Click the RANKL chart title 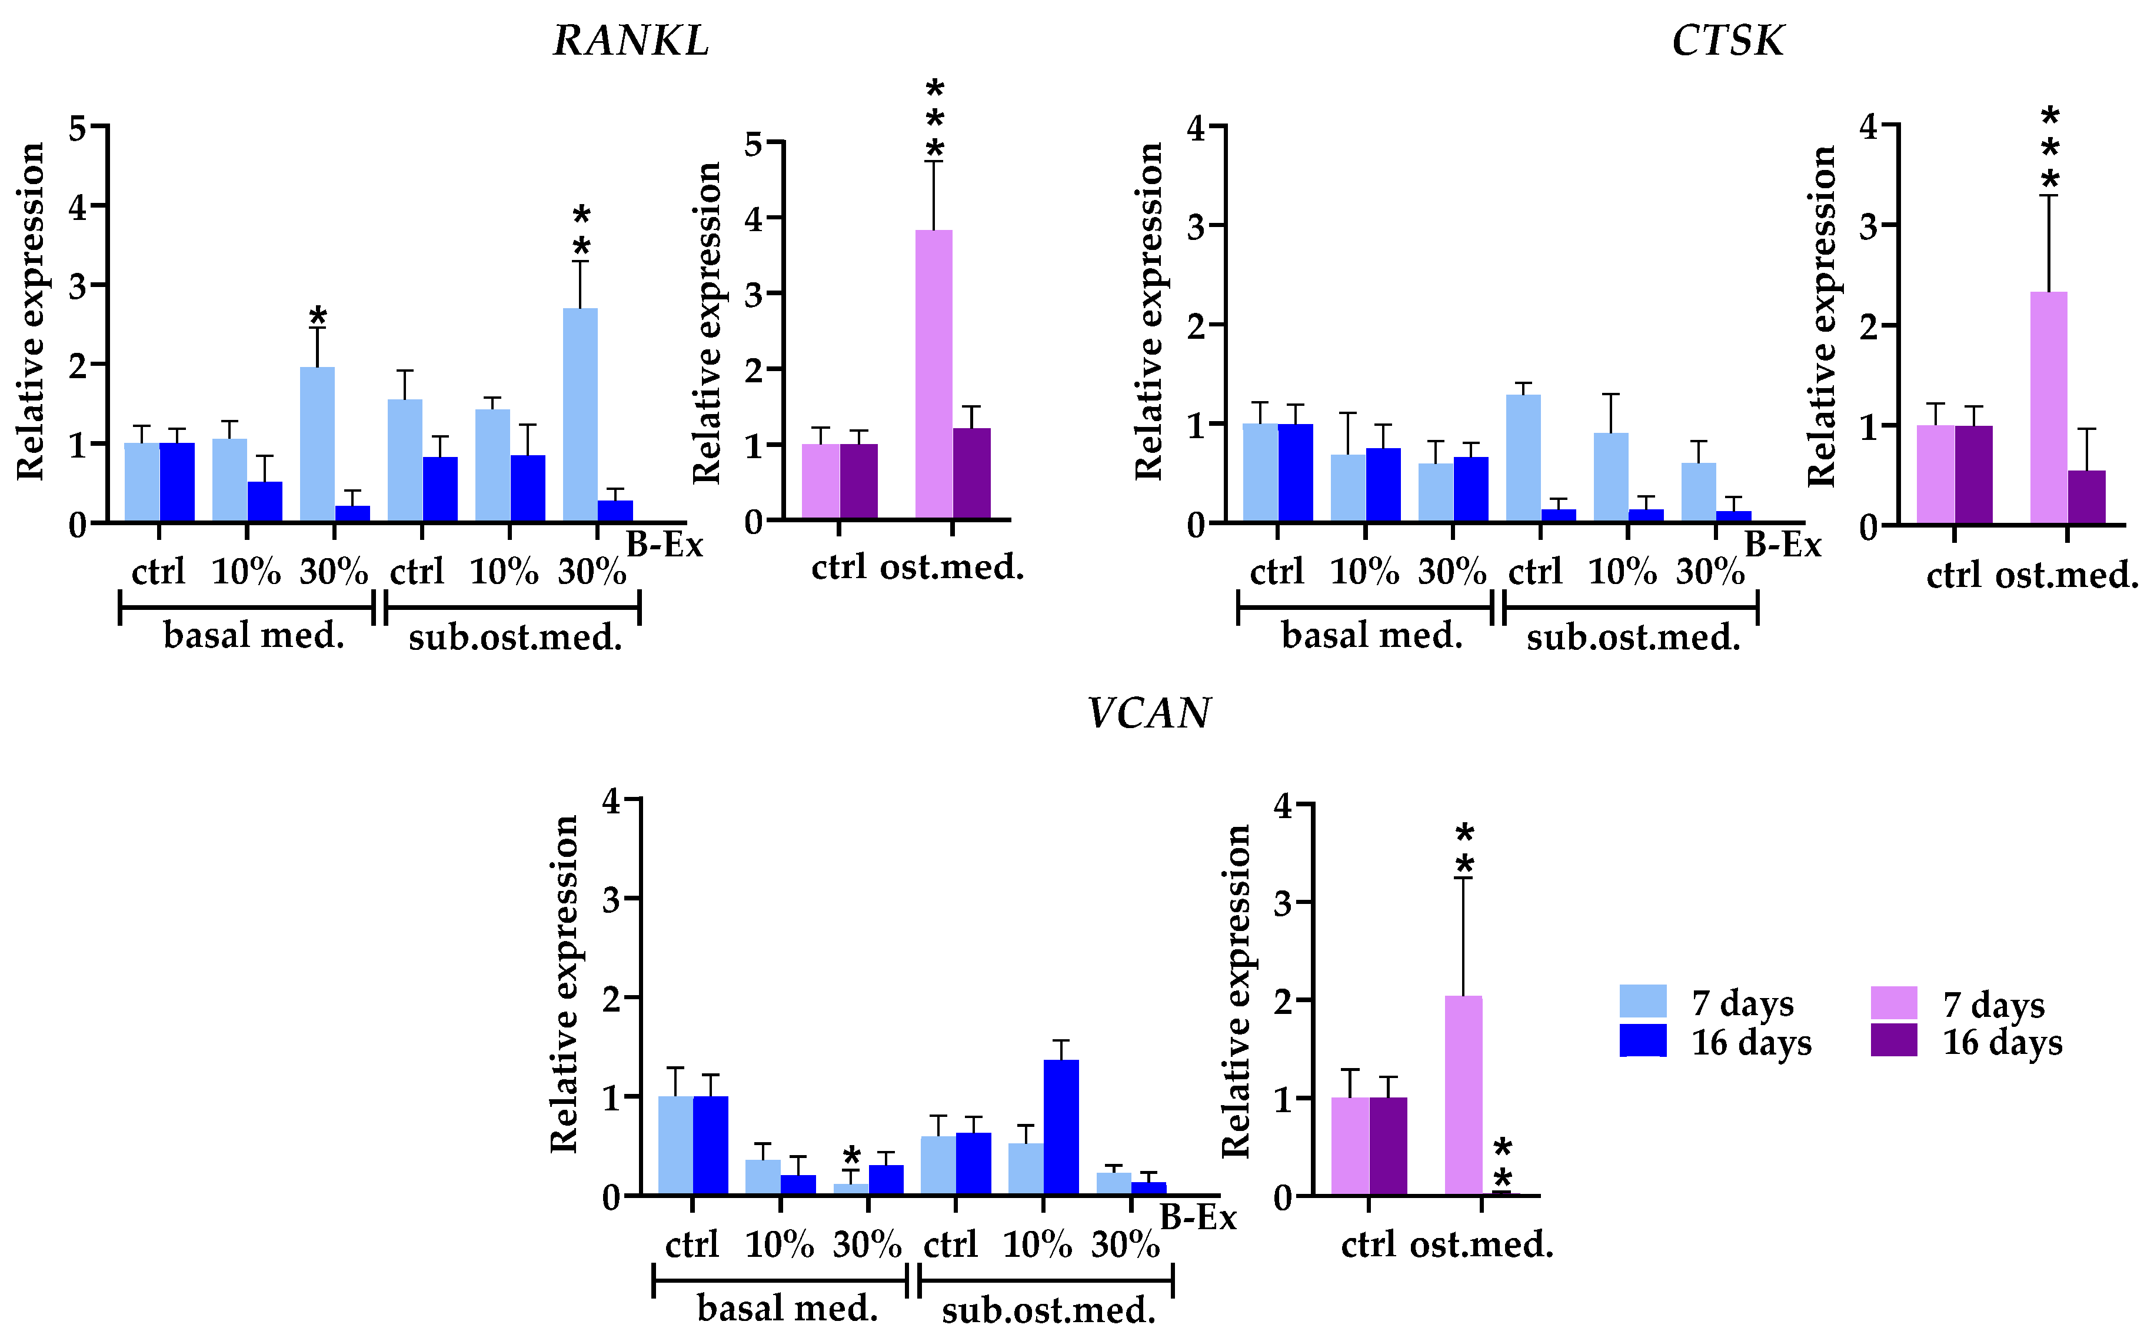(x=630, y=41)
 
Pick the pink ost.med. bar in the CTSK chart (x=2048, y=407)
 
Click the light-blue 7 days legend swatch (x=1642, y=1001)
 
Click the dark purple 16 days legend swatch (x=1894, y=1040)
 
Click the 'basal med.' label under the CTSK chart (x=1371, y=635)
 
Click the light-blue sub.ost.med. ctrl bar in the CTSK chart (x=1523, y=458)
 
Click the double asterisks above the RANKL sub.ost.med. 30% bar (x=581, y=230)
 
